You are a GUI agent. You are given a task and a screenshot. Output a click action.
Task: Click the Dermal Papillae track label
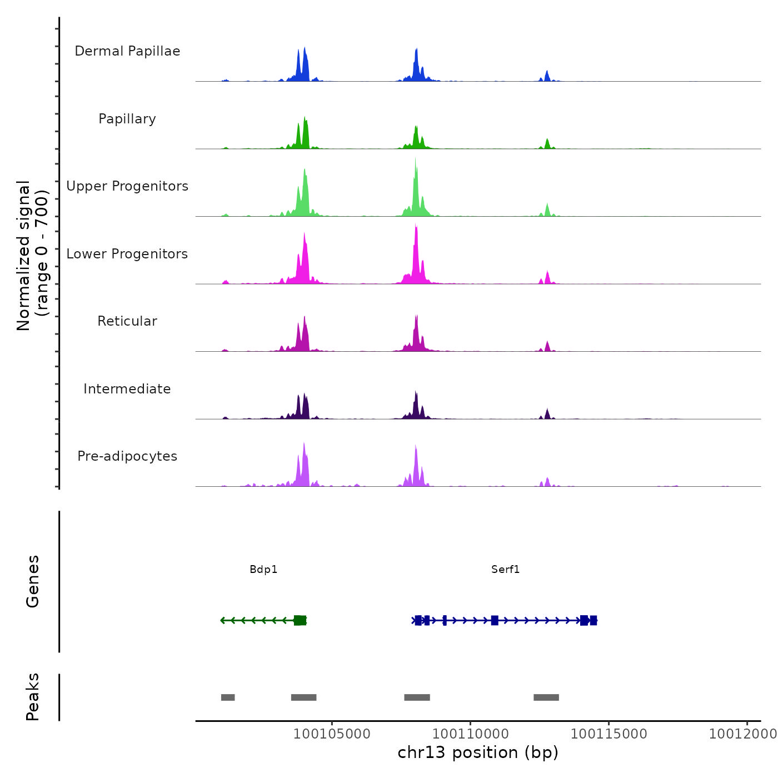(127, 51)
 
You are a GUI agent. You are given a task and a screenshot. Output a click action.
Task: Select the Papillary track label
(127, 119)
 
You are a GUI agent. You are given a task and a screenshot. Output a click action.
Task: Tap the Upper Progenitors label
(127, 186)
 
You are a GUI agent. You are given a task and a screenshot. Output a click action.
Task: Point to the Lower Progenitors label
(127, 254)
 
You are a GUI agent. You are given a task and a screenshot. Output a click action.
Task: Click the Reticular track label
(127, 321)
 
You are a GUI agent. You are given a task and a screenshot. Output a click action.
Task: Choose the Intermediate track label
(127, 389)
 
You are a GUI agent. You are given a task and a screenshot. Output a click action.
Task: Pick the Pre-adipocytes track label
(127, 456)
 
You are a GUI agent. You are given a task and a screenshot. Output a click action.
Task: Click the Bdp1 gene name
(263, 570)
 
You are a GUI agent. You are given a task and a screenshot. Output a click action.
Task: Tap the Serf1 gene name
(505, 570)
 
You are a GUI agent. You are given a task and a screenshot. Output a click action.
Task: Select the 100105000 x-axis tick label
(332, 734)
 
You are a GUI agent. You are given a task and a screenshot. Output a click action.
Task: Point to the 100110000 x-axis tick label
(470, 734)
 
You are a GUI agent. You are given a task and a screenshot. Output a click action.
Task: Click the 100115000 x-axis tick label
(609, 734)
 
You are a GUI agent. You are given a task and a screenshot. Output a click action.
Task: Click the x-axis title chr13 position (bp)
(478, 753)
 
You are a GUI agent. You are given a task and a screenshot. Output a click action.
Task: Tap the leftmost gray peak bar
(228, 697)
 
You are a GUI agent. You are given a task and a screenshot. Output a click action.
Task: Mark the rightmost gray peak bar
(546, 697)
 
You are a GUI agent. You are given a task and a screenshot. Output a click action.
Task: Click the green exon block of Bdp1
(300, 620)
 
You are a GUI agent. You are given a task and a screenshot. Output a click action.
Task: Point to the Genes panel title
(33, 581)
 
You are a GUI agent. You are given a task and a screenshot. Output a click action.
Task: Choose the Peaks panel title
(33, 697)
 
